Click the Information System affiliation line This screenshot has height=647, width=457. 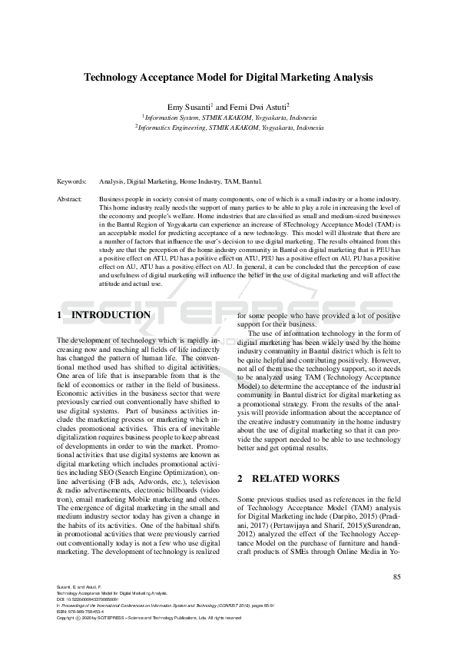tap(228, 118)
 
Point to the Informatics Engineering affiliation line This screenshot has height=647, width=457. tap(228, 128)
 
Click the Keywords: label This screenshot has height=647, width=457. tap(71, 182)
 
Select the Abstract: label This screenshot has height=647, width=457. tap(70, 199)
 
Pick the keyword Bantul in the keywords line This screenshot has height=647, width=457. tap(252, 182)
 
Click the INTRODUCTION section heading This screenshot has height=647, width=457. tap(111, 315)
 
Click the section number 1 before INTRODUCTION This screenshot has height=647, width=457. tap(60, 315)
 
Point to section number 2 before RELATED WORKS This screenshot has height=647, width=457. tap(240, 479)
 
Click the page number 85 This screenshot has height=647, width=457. tap(396, 577)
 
